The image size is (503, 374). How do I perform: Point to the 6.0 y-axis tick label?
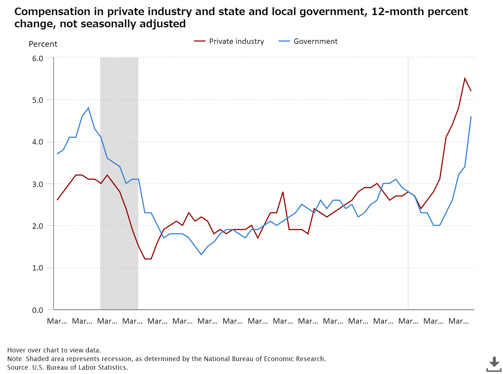(38, 58)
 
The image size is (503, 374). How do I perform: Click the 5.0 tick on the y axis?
(38, 100)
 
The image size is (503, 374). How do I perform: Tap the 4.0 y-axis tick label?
(38, 142)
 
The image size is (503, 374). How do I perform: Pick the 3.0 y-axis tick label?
(38, 184)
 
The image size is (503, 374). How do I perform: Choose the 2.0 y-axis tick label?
(38, 226)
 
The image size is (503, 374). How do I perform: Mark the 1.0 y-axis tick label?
(38, 268)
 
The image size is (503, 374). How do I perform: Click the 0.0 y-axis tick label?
(38, 310)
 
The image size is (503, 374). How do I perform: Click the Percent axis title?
(43, 44)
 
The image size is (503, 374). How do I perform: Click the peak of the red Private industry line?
(465, 78)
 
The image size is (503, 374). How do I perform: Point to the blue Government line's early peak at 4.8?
(88, 108)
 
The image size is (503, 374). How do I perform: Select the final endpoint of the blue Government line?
(471, 117)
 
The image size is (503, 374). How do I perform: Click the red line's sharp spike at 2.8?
(283, 192)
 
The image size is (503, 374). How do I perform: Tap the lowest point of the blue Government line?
(201, 255)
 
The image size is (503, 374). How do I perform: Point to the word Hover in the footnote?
(16, 350)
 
